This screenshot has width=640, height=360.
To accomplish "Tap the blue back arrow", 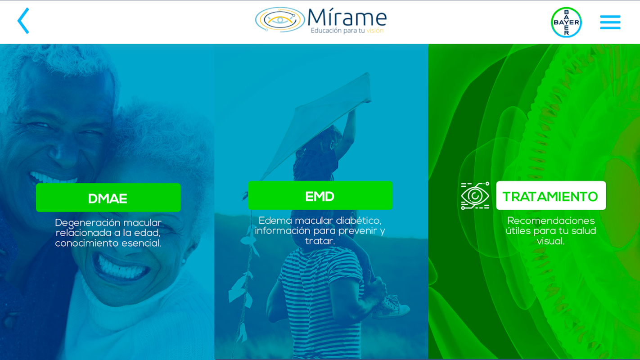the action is click(x=23, y=21).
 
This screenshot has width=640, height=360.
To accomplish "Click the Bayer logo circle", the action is click(x=566, y=22).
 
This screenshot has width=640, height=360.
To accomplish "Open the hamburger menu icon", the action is click(x=610, y=22).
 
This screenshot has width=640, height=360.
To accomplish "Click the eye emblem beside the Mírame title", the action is click(x=279, y=19).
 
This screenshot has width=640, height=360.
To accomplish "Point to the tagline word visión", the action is click(x=375, y=31).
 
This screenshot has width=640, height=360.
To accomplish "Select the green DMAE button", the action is click(x=108, y=198).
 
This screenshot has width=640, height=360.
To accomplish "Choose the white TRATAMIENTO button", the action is click(x=551, y=196).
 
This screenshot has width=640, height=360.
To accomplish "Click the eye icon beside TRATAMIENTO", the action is click(x=475, y=196).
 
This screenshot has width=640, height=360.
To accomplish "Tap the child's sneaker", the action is click(x=391, y=307).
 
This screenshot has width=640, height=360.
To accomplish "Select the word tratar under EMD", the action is click(x=320, y=241).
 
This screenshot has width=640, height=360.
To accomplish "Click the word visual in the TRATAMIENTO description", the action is click(x=550, y=241).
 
